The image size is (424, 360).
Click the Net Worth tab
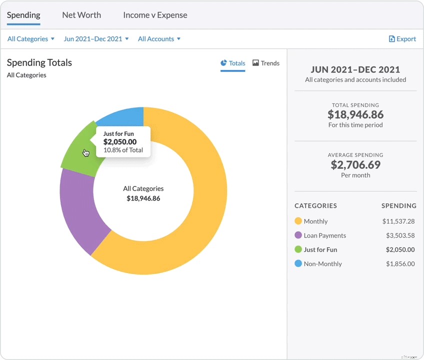pyautogui.click(x=81, y=15)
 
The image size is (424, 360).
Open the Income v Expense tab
pyautogui.click(x=155, y=15)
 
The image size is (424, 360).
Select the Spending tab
pyautogui.click(x=23, y=15)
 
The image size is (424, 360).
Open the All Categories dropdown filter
pyautogui.click(x=30, y=39)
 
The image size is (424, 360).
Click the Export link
pyautogui.click(x=402, y=39)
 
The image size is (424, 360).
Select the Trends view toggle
pyautogui.click(x=266, y=63)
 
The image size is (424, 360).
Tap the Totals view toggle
pyautogui.click(x=233, y=63)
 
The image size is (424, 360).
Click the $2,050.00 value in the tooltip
pyautogui.click(x=120, y=142)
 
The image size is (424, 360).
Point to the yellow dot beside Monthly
pyautogui.click(x=298, y=221)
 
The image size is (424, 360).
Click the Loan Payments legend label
pyautogui.click(x=324, y=235)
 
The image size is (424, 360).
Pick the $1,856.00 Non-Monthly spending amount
pyautogui.click(x=400, y=264)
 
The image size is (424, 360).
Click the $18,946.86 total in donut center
pyautogui.click(x=143, y=198)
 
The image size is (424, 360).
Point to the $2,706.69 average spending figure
pyautogui.click(x=355, y=164)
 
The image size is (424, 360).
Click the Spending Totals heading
pyautogui.click(x=39, y=62)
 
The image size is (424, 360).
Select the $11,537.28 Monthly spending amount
pyautogui.click(x=398, y=221)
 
